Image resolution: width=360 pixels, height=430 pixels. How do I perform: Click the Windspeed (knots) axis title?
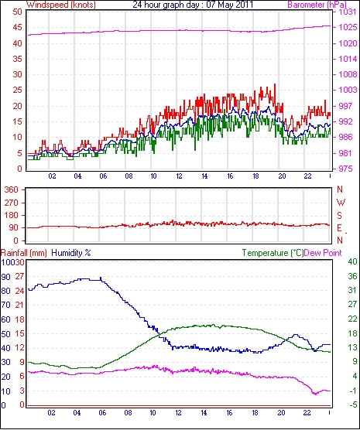tap(61, 5)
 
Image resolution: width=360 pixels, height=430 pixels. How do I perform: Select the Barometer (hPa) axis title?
tap(317, 5)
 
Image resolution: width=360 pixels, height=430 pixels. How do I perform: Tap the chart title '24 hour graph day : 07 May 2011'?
tap(193, 5)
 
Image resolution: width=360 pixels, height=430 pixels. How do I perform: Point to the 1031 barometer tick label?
tap(348, 12)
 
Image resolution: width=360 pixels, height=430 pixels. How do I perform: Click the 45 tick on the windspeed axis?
tap(17, 27)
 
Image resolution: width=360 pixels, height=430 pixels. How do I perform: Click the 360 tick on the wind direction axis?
tap(12, 189)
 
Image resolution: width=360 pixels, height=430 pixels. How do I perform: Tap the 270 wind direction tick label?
tap(12, 203)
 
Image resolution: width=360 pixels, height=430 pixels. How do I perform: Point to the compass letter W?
tap(341, 203)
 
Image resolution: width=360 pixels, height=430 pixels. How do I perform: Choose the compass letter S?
tap(340, 216)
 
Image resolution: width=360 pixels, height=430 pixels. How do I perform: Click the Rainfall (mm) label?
tap(24, 253)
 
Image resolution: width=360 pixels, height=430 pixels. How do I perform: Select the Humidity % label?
tap(71, 253)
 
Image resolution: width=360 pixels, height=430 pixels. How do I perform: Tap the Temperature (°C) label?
tap(273, 253)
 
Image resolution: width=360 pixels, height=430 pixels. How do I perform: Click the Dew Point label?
tap(323, 253)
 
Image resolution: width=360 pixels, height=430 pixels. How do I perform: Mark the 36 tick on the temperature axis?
tap(352, 276)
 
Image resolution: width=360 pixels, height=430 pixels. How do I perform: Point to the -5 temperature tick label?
tap(352, 404)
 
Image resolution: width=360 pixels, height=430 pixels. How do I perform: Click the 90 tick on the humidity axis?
tap(5, 277)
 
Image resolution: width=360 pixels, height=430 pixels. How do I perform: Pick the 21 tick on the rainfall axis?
tap(19, 305)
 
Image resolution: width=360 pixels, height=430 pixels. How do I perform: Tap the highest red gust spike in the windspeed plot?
tap(275, 85)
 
